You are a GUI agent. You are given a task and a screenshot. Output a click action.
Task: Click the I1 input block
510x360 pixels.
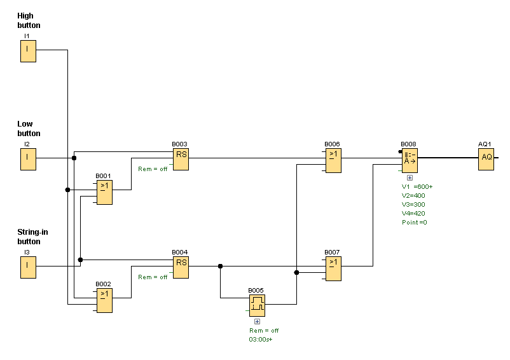click(x=28, y=51)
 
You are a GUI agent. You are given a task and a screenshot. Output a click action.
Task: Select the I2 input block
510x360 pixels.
click(x=28, y=159)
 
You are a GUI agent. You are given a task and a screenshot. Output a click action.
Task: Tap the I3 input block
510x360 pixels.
click(x=28, y=267)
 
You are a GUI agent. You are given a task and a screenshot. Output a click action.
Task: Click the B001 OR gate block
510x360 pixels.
click(x=104, y=192)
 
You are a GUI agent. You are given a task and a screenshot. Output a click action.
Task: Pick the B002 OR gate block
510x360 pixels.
click(x=104, y=300)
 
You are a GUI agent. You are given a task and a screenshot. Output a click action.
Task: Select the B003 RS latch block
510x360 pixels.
click(x=181, y=159)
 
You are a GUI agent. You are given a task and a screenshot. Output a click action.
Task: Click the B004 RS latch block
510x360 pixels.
click(x=181, y=267)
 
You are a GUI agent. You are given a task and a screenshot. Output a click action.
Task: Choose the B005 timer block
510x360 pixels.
click(x=257, y=306)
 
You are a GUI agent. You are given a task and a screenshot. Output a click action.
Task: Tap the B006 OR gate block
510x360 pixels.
click(x=333, y=160)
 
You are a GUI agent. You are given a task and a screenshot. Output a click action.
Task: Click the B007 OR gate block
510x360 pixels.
click(x=333, y=268)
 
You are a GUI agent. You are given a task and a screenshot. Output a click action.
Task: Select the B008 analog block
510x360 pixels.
click(x=410, y=160)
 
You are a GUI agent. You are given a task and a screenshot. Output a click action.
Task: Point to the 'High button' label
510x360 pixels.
click(x=29, y=20)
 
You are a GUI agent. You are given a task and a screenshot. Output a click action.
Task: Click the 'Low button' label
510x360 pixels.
click(x=29, y=128)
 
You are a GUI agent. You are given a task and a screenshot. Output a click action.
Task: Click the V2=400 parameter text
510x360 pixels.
click(x=413, y=195)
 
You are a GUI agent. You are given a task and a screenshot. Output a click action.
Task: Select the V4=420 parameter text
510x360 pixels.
click(x=413, y=213)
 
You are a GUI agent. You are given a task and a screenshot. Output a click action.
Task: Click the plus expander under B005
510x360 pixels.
click(x=257, y=322)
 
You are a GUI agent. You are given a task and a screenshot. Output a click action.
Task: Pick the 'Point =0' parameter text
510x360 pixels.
click(x=415, y=222)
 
